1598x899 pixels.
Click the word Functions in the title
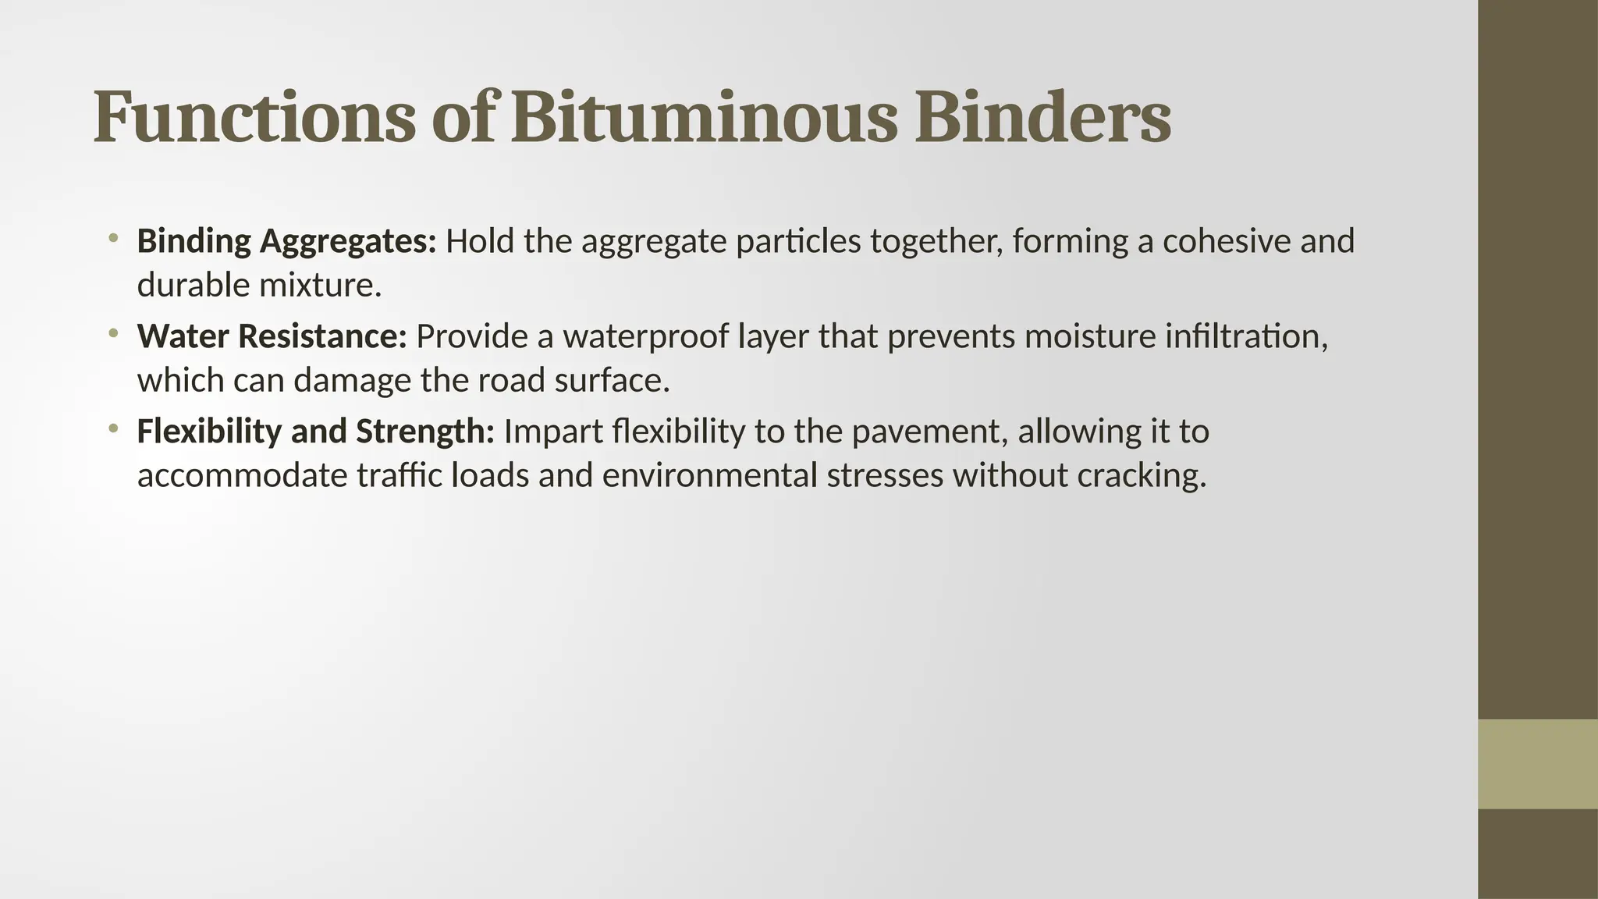click(x=254, y=118)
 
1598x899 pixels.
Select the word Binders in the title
click(x=1042, y=118)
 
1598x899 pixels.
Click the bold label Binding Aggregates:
click(x=286, y=242)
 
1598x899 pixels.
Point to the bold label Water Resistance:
click(x=272, y=337)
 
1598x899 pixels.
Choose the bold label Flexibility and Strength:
click(x=315, y=432)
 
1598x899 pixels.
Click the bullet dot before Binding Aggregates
click(x=113, y=237)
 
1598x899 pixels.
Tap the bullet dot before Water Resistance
click(x=113, y=333)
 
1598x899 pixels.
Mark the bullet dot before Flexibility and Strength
click(x=113, y=428)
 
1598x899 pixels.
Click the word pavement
click(x=926, y=432)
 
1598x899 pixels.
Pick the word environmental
click(x=709, y=476)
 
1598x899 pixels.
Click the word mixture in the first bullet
click(x=319, y=286)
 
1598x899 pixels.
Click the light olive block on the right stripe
click(x=1537, y=763)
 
